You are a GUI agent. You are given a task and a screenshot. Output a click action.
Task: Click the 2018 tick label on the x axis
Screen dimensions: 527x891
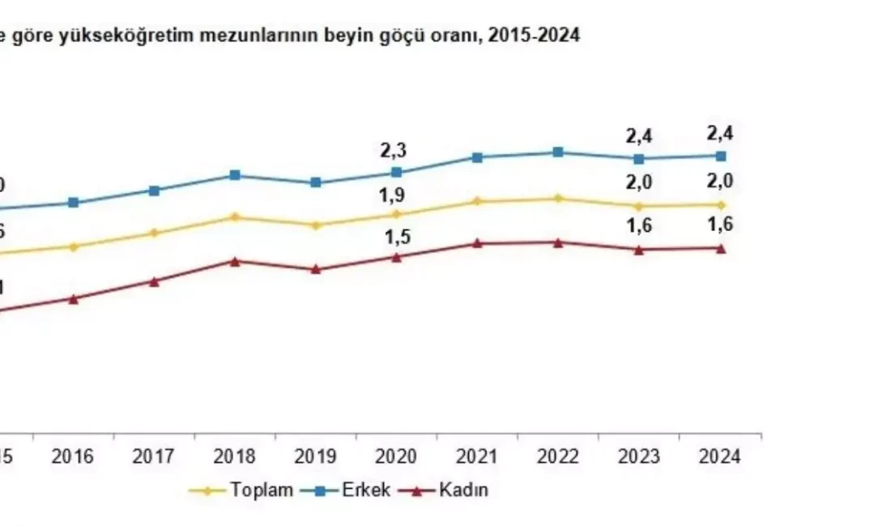click(235, 457)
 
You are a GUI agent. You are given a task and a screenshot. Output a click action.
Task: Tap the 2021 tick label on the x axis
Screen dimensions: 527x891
click(477, 457)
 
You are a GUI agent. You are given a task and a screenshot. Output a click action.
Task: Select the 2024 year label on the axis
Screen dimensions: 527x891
click(720, 457)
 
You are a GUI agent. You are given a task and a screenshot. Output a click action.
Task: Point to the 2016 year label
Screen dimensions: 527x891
click(73, 457)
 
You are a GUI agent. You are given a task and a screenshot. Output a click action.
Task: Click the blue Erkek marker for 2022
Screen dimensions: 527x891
click(558, 152)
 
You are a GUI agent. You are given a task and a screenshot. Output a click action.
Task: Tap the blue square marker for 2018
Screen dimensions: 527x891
click(235, 175)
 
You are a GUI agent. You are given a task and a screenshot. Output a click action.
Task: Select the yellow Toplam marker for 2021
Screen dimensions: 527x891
click(478, 200)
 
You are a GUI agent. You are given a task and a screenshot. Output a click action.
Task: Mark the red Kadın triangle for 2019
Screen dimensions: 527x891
click(316, 268)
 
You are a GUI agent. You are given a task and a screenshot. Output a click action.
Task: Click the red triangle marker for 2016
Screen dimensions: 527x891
click(73, 298)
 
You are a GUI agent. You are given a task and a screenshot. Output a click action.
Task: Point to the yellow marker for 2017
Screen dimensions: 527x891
click(154, 233)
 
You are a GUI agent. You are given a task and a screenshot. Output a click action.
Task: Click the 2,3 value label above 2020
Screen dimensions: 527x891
click(394, 150)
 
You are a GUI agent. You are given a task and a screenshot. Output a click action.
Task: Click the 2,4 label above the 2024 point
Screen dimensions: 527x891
click(719, 134)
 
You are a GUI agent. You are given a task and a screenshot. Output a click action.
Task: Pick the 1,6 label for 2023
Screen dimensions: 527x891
click(639, 227)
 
